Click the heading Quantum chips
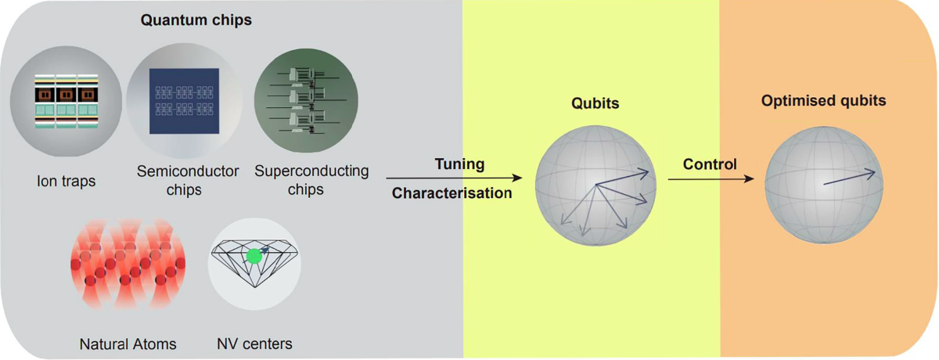point(196,20)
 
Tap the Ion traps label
point(66,182)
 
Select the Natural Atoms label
point(128,344)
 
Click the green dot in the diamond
point(254,256)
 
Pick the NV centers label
point(254,344)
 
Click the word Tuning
point(459,164)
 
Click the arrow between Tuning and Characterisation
point(454,179)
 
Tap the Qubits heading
point(596,103)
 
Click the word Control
point(710,164)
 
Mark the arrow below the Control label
point(711,179)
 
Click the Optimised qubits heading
point(823,101)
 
